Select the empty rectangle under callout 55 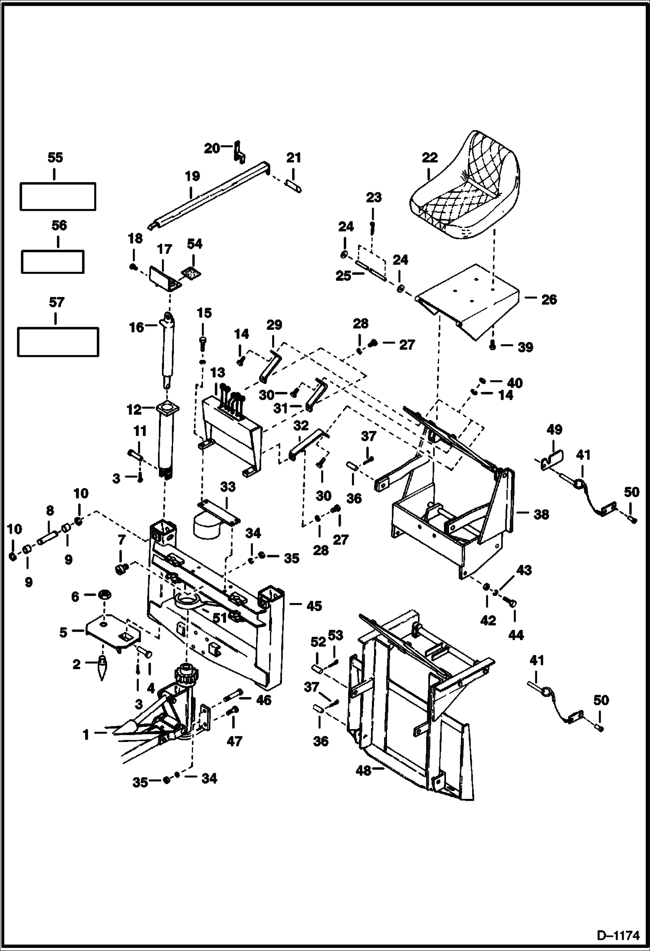tap(58, 196)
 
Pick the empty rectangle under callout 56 tap(53, 261)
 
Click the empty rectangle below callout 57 tap(58, 342)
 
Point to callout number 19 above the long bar tap(192, 176)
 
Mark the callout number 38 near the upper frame tap(541, 515)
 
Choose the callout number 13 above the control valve tap(218, 373)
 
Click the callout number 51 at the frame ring tap(220, 618)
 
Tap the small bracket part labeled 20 tap(240, 153)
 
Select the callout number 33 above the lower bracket tap(227, 487)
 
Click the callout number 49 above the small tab tap(554, 430)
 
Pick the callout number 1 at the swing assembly tap(86, 734)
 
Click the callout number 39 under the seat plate tap(525, 347)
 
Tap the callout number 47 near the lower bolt tap(234, 742)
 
